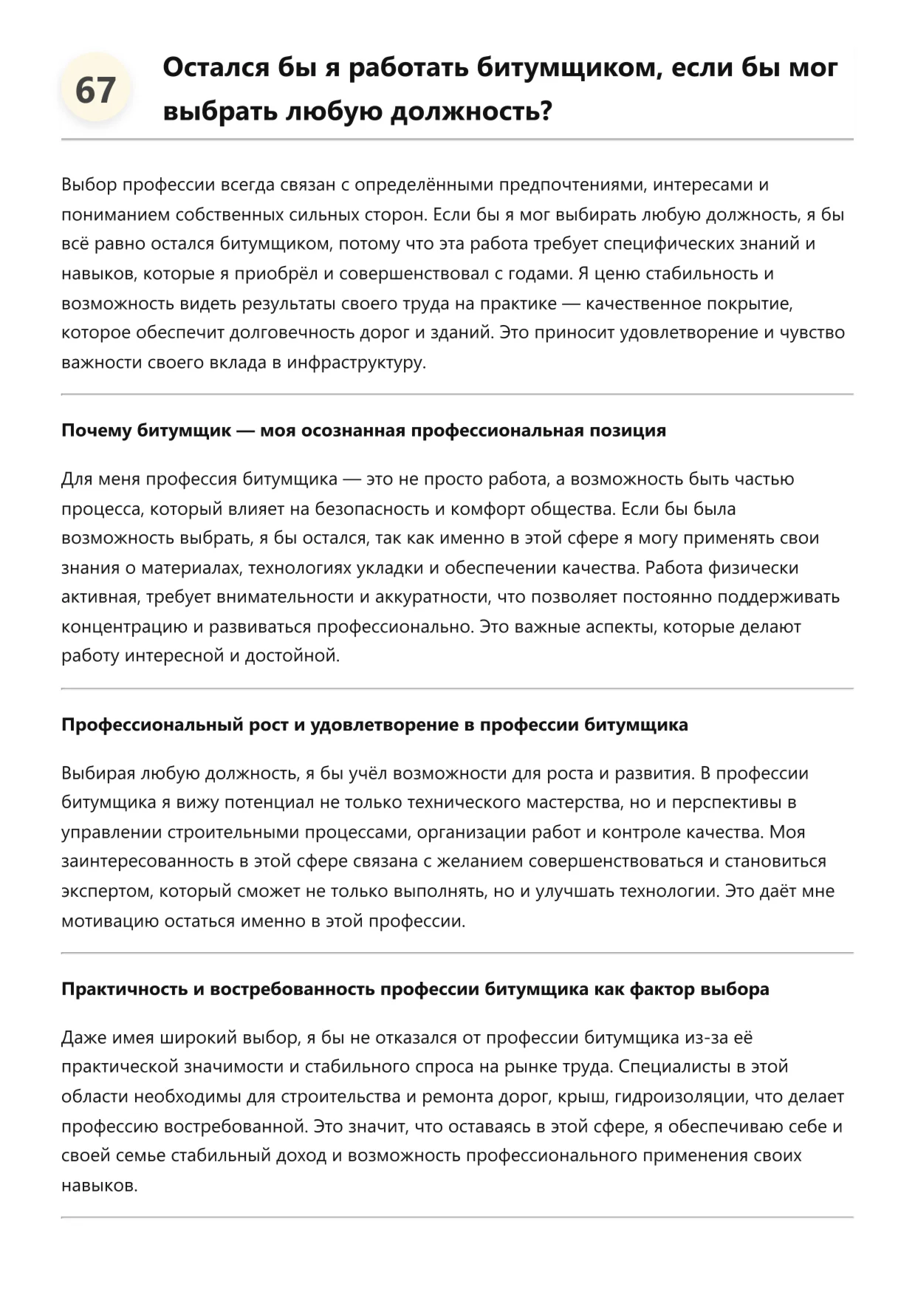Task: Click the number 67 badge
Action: (x=95, y=90)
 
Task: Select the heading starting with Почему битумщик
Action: (x=363, y=431)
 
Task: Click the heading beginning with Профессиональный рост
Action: (x=374, y=725)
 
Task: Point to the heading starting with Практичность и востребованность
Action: (x=415, y=989)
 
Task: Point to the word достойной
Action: (x=295, y=656)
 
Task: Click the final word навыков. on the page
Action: (x=99, y=1186)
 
